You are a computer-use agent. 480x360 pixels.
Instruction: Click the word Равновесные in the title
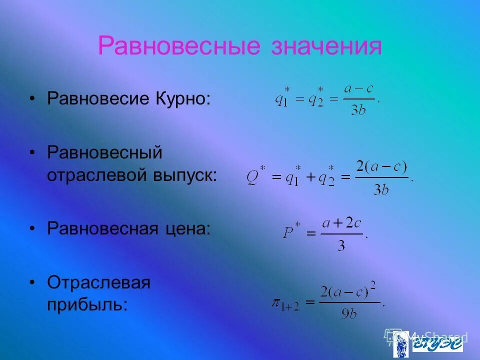(x=179, y=46)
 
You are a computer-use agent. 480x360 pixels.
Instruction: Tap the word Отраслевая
(x=99, y=282)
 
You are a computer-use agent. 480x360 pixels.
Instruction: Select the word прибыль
(x=87, y=304)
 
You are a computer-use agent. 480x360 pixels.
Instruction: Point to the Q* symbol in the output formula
(x=256, y=177)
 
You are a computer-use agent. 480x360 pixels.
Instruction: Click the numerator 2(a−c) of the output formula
(x=381, y=167)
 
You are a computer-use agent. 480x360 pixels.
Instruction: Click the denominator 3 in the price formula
(x=341, y=246)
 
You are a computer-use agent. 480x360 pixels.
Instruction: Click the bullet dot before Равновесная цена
(x=32, y=228)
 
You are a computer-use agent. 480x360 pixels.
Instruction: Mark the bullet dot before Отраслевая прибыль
(x=32, y=282)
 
